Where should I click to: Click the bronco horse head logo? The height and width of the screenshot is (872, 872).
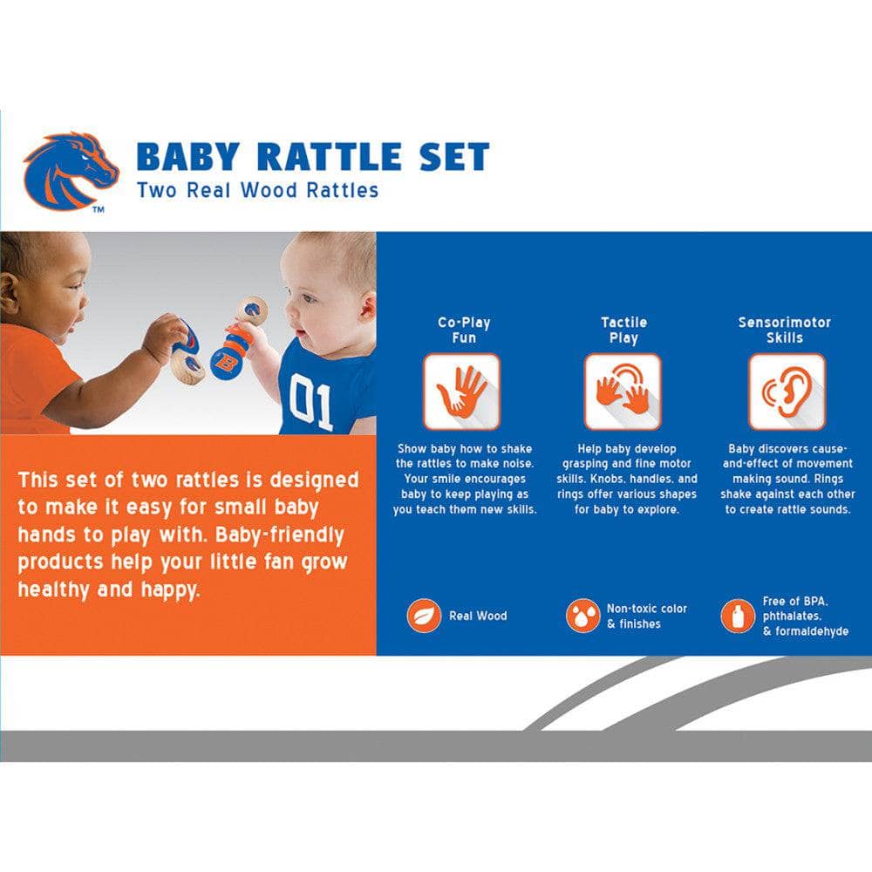pyautogui.click(x=70, y=169)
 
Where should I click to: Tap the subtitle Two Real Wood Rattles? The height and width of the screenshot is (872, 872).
pyautogui.click(x=257, y=190)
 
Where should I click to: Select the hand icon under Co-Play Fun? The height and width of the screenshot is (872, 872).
pyautogui.click(x=462, y=392)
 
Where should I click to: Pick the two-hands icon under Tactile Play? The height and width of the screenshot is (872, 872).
pyautogui.click(x=623, y=392)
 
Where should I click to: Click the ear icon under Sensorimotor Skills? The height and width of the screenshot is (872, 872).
pyautogui.click(x=786, y=392)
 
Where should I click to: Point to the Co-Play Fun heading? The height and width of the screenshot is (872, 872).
pyautogui.click(x=464, y=330)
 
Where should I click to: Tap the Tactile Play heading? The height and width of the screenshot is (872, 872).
pyautogui.click(x=623, y=330)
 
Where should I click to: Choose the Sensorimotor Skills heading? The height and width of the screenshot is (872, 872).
pyautogui.click(x=785, y=330)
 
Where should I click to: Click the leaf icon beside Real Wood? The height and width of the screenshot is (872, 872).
pyautogui.click(x=424, y=616)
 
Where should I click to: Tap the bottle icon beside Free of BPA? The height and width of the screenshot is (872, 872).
pyautogui.click(x=738, y=616)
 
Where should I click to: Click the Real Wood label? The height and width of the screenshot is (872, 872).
pyautogui.click(x=478, y=616)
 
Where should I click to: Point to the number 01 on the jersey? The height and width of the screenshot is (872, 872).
pyautogui.click(x=312, y=403)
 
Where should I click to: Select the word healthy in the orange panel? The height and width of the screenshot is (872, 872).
pyautogui.click(x=53, y=589)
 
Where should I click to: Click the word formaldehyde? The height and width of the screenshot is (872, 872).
pyautogui.click(x=805, y=631)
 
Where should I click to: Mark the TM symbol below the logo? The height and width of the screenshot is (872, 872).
pyautogui.click(x=99, y=210)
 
